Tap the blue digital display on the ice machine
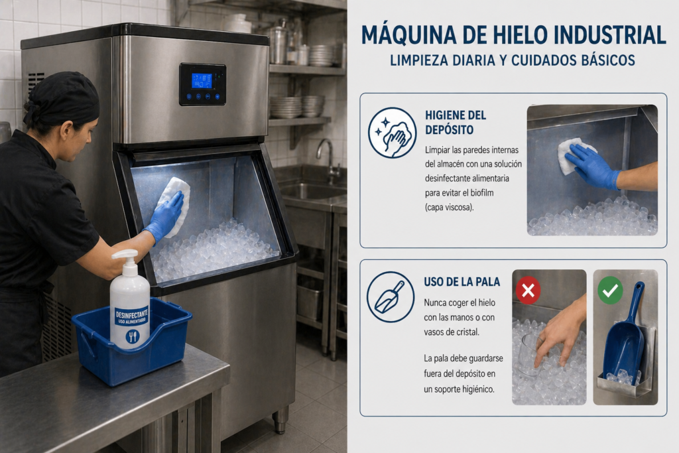point(202,81)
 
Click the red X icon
point(528,290)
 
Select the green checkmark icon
point(610,290)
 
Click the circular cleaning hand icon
point(392,133)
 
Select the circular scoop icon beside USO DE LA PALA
point(390,296)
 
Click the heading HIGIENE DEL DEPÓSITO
point(456,122)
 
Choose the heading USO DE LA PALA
point(462,282)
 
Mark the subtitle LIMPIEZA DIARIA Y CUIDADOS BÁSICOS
point(513,60)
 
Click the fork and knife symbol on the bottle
point(133,336)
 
